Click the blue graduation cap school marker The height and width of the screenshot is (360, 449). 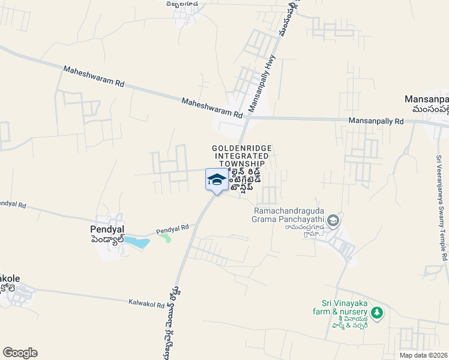[216, 179]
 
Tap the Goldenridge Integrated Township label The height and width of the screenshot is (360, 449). [238, 155]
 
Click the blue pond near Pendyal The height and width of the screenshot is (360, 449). [140, 243]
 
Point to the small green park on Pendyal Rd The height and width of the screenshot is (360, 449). [166, 238]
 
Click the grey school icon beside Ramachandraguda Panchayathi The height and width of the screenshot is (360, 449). [333, 221]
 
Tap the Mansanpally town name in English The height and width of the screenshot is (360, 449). [427, 99]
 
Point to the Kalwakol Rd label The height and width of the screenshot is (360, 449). [146, 305]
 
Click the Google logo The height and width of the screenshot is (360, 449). [20, 353]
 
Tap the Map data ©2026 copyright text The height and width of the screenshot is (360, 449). [423, 354]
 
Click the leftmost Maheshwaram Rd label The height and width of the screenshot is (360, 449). [93, 78]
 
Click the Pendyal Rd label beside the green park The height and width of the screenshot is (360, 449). [173, 229]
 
